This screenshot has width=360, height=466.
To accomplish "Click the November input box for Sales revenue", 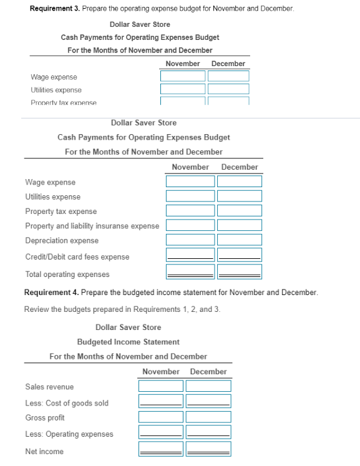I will [161, 386].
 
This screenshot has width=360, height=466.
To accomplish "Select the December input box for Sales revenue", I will [208, 386].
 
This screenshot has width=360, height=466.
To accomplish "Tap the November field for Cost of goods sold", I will [161, 402].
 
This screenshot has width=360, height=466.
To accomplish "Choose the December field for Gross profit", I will [208, 417].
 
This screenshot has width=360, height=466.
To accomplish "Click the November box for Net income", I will [161, 449].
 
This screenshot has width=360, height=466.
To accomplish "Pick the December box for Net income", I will [208, 449].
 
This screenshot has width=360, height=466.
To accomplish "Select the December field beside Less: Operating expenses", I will [208, 432].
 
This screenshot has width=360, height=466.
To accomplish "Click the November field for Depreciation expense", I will [190, 240].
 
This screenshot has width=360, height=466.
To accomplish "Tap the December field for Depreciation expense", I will [239, 240].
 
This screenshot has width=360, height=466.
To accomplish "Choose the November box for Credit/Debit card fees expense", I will [190, 255].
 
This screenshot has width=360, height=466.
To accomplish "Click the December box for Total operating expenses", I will [239, 271].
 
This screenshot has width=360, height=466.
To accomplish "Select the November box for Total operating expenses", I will [190, 271].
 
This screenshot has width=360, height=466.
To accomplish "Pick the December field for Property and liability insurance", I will [239, 225].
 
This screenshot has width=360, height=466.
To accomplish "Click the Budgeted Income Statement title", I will [128, 342].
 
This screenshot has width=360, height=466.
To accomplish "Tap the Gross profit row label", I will [45, 418].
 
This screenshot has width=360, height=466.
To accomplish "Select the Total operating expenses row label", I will [67, 274].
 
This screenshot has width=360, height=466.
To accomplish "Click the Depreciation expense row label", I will [62, 241].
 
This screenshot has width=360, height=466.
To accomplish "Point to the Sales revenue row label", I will [49, 387].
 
